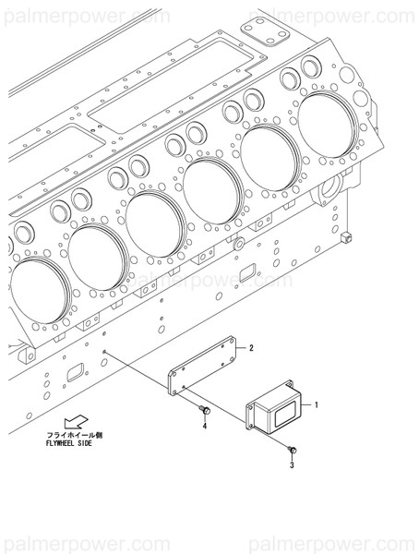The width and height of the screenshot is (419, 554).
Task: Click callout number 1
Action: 316,405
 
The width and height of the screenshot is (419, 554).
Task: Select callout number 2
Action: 249,347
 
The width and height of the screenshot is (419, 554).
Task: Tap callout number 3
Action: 292,466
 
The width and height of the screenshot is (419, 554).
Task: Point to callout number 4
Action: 205,428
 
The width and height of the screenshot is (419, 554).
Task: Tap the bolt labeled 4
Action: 204,410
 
